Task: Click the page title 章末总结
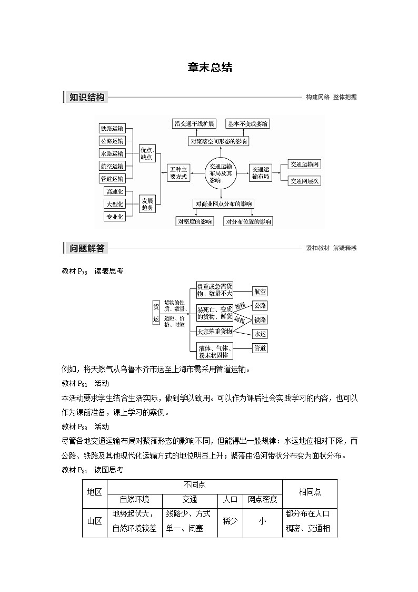coord(209,68)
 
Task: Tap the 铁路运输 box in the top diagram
coord(112,128)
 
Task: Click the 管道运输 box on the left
coord(112,179)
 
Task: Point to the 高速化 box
coord(114,191)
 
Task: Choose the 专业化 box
coord(114,217)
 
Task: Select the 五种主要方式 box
coord(178,172)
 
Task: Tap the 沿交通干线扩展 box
coord(194,124)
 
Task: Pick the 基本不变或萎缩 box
coord(247,124)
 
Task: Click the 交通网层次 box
coord(305,181)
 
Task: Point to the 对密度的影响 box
coord(195,221)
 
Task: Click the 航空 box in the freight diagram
coord(260,291)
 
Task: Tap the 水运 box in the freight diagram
coord(260,334)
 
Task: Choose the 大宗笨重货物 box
coord(214,331)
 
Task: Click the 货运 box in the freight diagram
coord(156,313)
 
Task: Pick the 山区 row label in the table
coord(94,521)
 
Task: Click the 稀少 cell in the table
coord(230,521)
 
